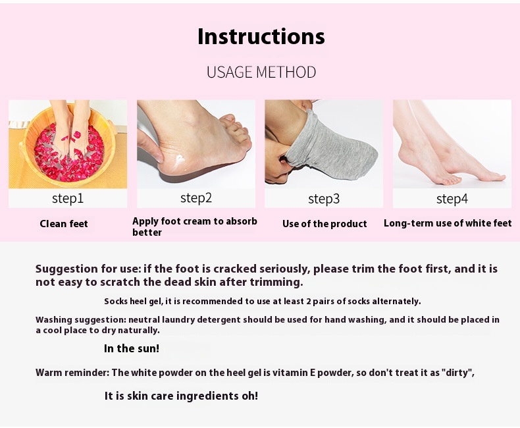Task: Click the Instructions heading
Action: [261, 36]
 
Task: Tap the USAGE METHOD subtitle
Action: [261, 72]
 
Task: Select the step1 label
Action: [68, 198]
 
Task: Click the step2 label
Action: [196, 198]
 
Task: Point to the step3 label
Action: [324, 199]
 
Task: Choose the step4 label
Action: [452, 199]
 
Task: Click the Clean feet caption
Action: [64, 224]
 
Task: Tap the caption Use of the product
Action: [325, 224]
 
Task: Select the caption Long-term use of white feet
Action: [448, 223]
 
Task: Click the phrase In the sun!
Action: [132, 348]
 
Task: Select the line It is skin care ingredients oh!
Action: [181, 396]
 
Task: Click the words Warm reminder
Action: [72, 373]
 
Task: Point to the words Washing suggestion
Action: [80, 320]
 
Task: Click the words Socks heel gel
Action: [134, 302]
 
